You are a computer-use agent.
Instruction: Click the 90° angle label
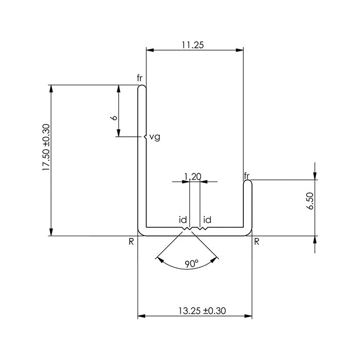tap(191, 264)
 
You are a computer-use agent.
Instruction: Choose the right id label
tap(207, 220)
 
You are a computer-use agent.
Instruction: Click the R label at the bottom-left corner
tap(132, 241)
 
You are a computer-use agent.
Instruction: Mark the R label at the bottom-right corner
tap(257, 241)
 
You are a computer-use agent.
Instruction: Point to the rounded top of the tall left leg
tap(142, 87)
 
